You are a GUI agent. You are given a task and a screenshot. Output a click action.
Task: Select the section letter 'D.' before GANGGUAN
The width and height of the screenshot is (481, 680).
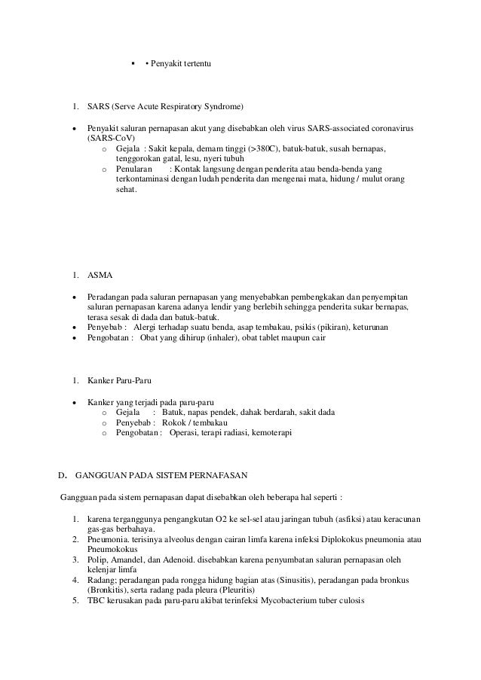click(x=64, y=475)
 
